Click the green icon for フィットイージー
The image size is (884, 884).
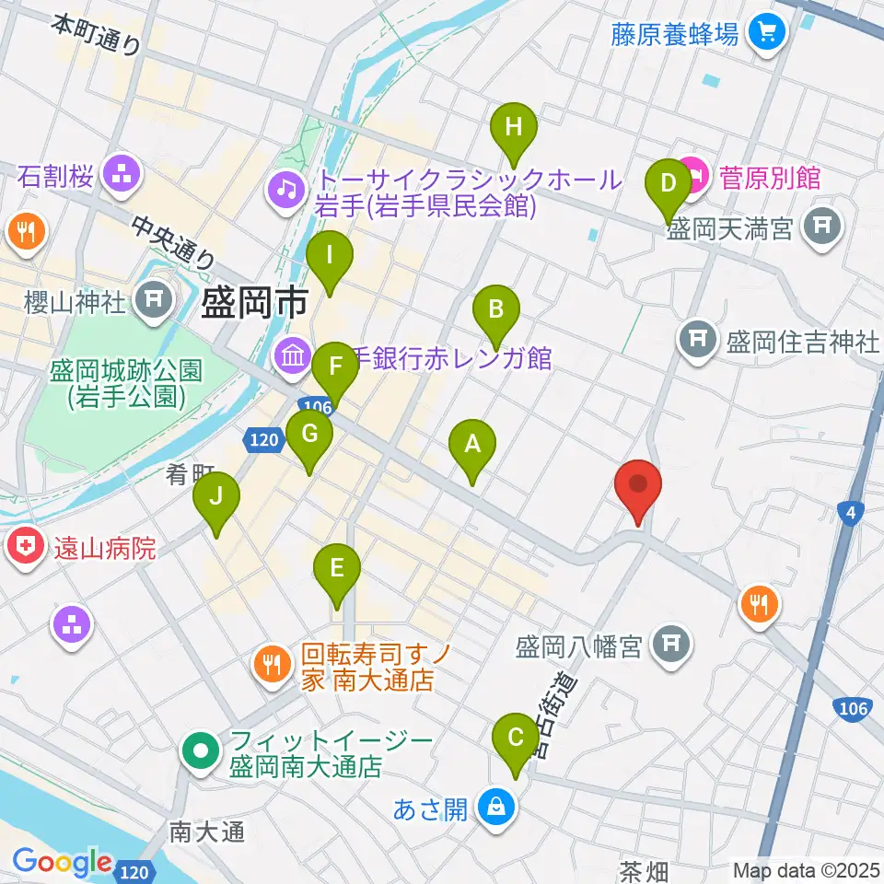(x=200, y=751)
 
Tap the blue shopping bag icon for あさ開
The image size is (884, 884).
(x=496, y=808)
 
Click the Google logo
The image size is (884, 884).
(x=62, y=864)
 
